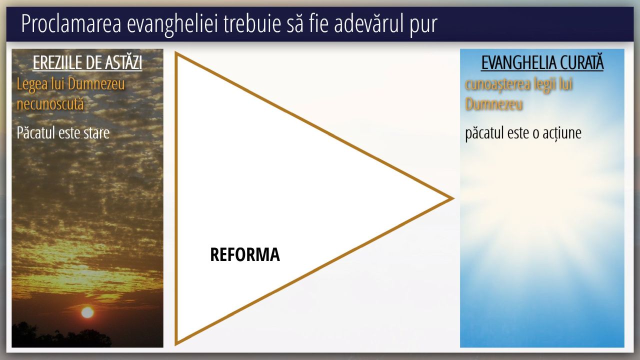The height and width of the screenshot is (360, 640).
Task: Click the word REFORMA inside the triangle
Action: (x=245, y=254)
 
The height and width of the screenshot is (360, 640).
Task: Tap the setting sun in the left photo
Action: (x=87, y=312)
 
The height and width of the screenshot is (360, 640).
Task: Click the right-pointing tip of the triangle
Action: (x=453, y=198)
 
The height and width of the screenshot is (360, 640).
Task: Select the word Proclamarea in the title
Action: (x=71, y=24)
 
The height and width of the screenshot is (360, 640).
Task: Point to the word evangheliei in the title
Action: (x=173, y=24)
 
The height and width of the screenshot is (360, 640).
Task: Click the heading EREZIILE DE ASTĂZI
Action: (x=87, y=62)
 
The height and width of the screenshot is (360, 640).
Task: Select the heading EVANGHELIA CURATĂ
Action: (x=542, y=62)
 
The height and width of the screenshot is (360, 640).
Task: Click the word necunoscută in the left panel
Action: (x=50, y=103)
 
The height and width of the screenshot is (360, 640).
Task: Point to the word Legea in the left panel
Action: (x=32, y=85)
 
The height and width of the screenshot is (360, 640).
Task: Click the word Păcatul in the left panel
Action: (x=35, y=133)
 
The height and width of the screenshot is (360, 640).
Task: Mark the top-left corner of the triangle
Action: (x=176, y=53)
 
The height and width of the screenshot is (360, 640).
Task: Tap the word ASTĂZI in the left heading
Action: (x=123, y=62)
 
